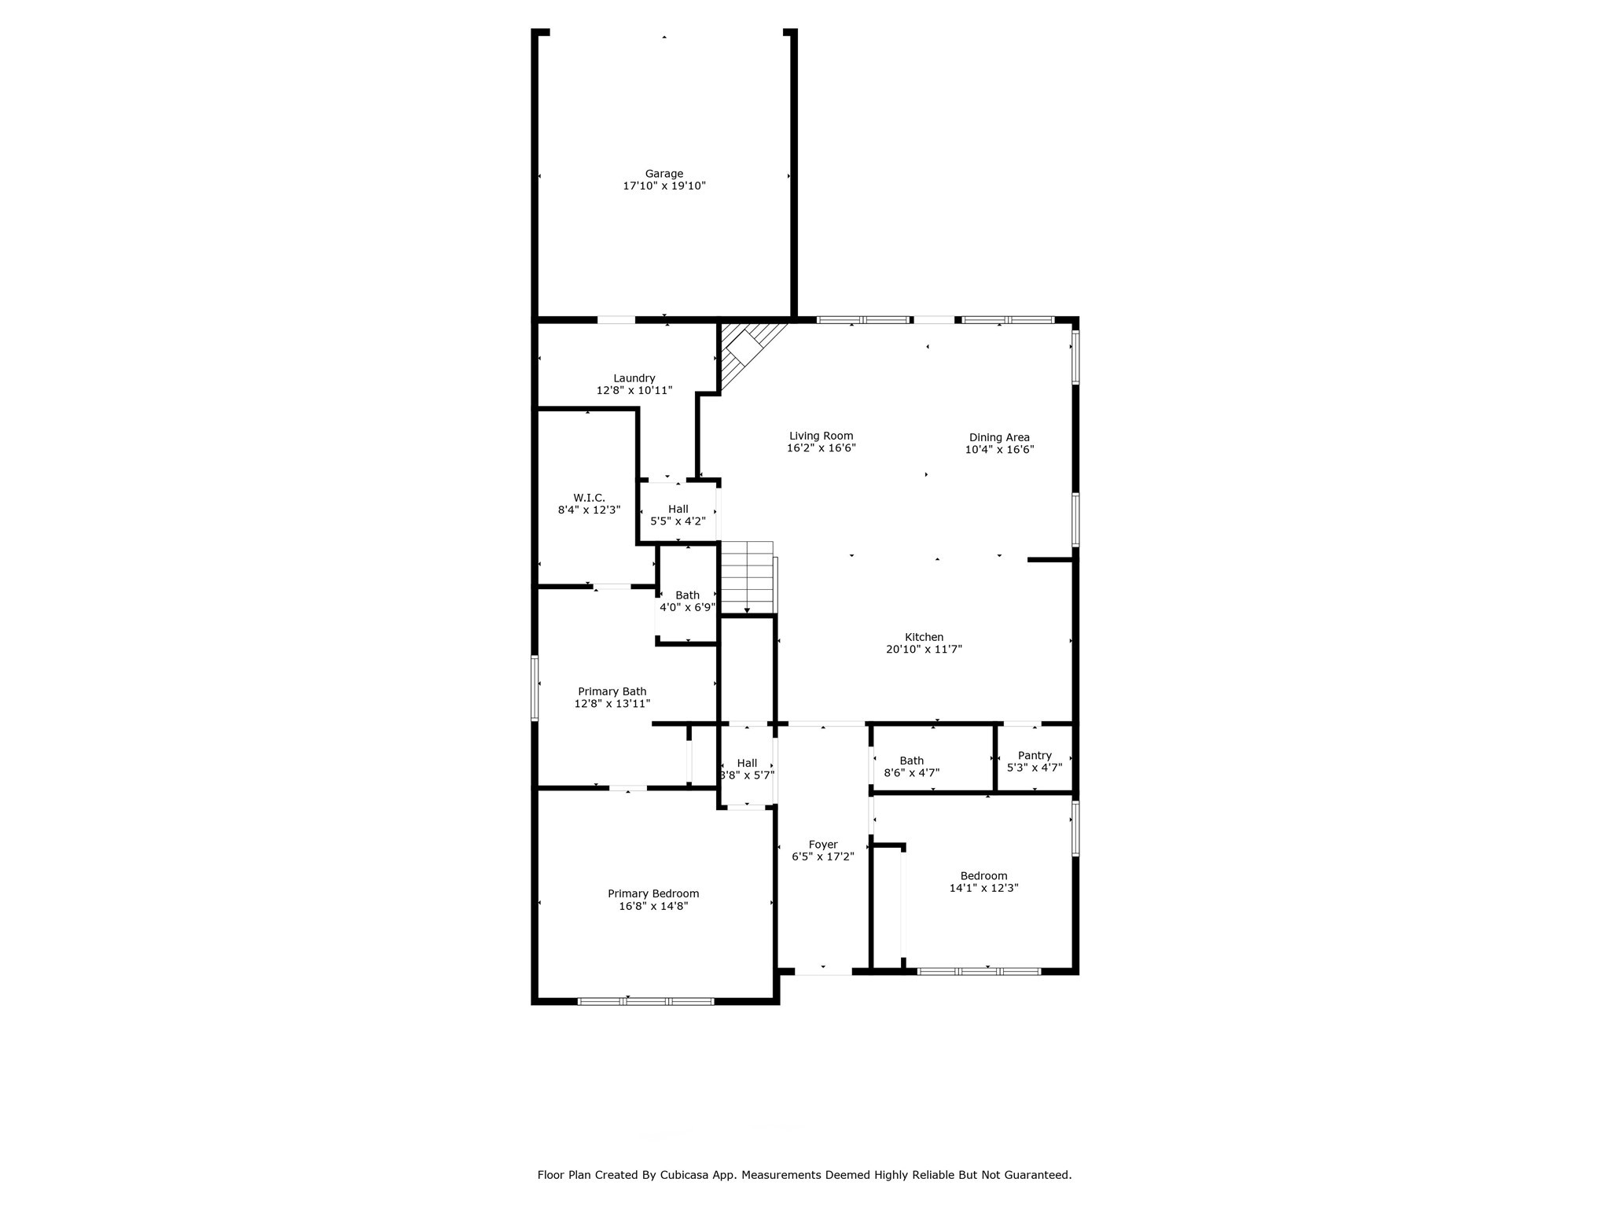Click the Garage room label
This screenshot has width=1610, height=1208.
pyautogui.click(x=664, y=174)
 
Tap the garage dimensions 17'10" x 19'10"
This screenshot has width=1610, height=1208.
pyautogui.click(x=664, y=186)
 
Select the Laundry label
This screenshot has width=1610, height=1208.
pyautogui.click(x=634, y=378)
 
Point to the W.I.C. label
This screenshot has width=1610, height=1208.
pyautogui.click(x=589, y=498)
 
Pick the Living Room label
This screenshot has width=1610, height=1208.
pyautogui.click(x=821, y=436)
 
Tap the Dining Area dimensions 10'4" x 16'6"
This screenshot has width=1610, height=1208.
pyautogui.click(x=999, y=450)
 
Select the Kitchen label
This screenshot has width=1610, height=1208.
pyautogui.click(x=924, y=637)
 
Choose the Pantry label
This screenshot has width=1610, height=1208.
pyautogui.click(x=1035, y=756)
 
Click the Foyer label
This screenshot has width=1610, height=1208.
pyautogui.click(x=823, y=845)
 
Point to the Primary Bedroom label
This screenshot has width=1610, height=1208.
pyautogui.click(x=653, y=893)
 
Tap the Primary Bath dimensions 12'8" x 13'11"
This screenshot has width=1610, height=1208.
pyautogui.click(x=612, y=704)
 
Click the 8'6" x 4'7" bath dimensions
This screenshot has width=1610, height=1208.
pyautogui.click(x=912, y=773)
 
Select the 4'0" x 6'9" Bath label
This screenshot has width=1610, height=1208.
pyautogui.click(x=687, y=595)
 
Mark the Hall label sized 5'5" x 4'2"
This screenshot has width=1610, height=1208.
pyautogui.click(x=678, y=510)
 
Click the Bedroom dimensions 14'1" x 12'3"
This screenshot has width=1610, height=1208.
pyautogui.click(x=983, y=888)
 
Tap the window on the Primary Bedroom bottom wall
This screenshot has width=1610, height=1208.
pyautogui.click(x=645, y=1001)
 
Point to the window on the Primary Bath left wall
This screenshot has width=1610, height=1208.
pyautogui.click(x=535, y=688)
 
